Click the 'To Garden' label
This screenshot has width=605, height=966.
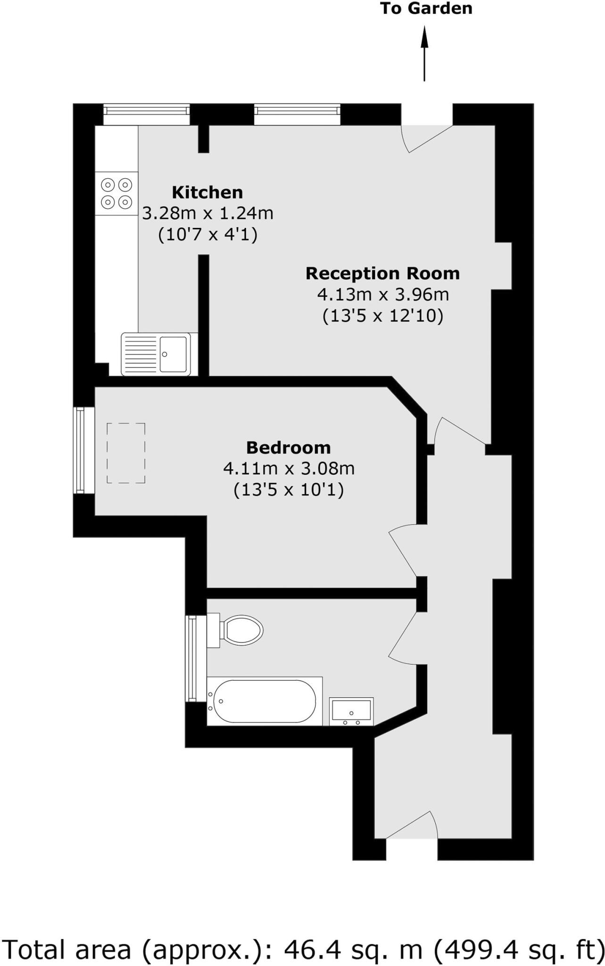426,9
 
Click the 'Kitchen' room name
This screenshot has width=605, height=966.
207,192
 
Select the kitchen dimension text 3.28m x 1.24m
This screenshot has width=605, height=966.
208,213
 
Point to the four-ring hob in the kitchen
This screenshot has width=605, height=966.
116,193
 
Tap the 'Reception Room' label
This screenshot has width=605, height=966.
382,274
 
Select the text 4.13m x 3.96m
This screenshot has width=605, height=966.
382,295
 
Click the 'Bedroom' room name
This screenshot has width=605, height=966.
289,447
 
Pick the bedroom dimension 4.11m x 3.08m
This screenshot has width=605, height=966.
289,469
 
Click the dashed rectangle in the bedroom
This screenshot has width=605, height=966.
126,453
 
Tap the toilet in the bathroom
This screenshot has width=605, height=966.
238,630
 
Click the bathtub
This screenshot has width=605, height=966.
264,701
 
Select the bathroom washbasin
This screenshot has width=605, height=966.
351,711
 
